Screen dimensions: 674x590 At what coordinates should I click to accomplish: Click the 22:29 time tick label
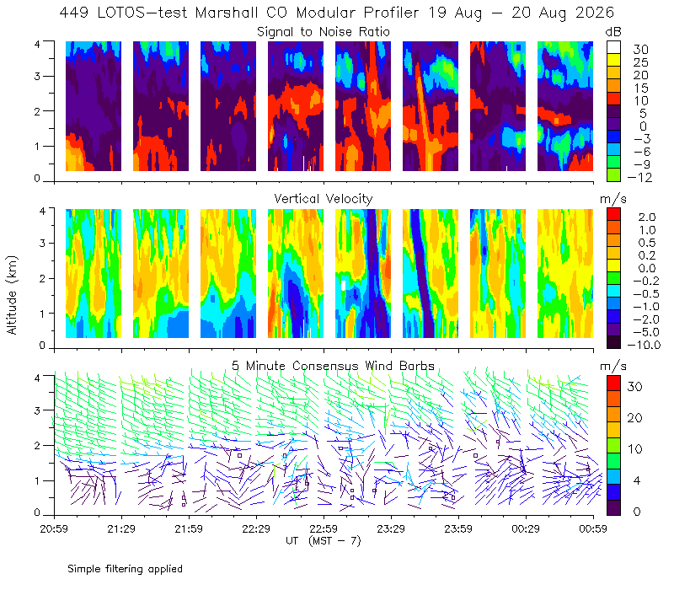(x=256, y=528)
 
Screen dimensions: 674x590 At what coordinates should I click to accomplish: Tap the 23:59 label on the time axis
(x=458, y=528)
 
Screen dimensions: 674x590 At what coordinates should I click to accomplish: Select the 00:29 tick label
(x=526, y=528)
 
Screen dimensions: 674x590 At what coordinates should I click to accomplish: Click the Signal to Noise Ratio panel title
(x=324, y=32)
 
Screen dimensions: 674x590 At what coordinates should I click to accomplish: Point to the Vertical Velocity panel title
(x=324, y=199)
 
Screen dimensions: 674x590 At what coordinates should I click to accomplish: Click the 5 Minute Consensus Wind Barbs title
(x=333, y=366)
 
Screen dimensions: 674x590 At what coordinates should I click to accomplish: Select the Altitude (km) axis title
(x=12, y=295)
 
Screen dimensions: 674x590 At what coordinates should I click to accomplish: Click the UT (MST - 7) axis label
(x=324, y=540)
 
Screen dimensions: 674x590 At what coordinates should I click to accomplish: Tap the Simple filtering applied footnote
(x=125, y=569)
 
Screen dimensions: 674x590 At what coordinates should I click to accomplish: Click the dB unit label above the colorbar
(x=613, y=32)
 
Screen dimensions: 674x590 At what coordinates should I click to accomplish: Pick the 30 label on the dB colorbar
(x=640, y=50)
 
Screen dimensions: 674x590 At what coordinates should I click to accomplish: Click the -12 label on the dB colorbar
(x=639, y=177)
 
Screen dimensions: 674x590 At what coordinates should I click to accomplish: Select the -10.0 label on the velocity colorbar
(x=644, y=345)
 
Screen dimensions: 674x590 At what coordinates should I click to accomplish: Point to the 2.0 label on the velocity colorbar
(x=647, y=217)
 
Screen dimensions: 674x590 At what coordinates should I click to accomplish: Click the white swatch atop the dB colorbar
(x=614, y=47)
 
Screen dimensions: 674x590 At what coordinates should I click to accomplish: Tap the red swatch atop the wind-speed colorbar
(x=613, y=383)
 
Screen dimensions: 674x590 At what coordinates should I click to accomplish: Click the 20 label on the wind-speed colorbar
(x=635, y=417)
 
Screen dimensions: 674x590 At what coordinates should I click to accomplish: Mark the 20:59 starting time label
(x=54, y=528)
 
